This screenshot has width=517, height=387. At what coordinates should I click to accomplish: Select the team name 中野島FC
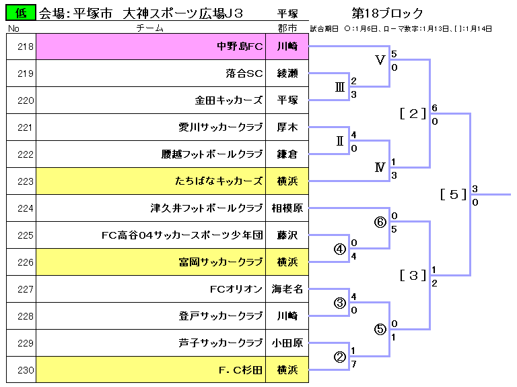(x=240, y=47)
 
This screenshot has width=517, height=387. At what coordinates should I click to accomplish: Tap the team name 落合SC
(x=244, y=73)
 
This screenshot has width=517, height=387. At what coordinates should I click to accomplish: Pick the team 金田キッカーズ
(x=229, y=100)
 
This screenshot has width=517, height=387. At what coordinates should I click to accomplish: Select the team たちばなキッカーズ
(x=219, y=181)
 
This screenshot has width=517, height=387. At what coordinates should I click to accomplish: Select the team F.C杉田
(x=240, y=370)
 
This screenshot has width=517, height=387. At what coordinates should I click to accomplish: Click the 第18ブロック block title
(x=388, y=13)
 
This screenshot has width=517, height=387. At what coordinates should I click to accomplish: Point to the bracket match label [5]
(x=453, y=194)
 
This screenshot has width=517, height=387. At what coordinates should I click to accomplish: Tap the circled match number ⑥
(x=380, y=222)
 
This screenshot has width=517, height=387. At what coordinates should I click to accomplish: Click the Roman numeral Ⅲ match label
(x=340, y=87)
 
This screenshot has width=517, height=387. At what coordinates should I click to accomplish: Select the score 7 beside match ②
(x=354, y=365)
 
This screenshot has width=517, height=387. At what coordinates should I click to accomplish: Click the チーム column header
(x=150, y=28)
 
